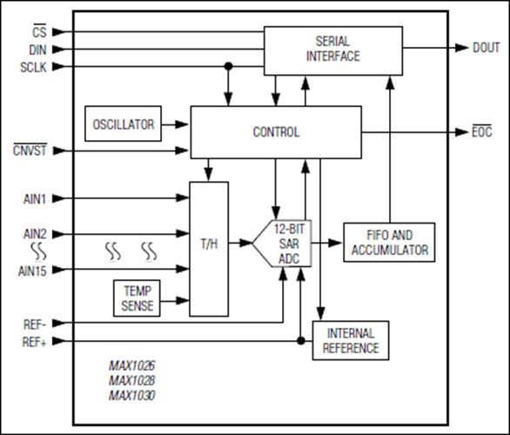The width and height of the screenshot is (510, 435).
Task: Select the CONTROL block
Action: [276, 132]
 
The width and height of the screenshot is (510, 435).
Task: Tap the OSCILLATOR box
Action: [123, 124]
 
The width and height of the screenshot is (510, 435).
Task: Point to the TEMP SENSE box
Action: [138, 298]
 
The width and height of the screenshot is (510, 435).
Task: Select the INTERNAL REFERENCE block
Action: [351, 341]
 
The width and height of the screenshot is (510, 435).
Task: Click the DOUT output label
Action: [486, 49]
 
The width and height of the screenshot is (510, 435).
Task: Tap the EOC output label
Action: [483, 132]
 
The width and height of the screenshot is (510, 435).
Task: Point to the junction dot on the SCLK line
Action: [229, 65]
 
